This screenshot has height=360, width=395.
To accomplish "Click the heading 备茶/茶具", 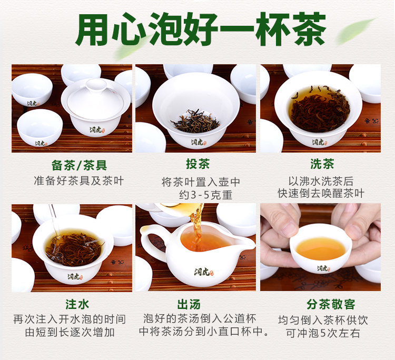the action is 79,165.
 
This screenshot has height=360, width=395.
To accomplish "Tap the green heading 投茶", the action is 197,164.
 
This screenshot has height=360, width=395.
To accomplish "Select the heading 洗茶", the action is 322,164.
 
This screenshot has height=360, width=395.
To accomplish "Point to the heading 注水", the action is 77,304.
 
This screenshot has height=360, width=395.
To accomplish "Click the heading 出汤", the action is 189,304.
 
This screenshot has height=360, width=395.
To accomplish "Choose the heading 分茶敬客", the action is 331,304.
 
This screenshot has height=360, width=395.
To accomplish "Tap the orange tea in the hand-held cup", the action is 320,248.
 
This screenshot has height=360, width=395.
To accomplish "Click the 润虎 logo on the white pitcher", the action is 203,272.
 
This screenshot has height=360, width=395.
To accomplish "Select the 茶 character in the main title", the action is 309,29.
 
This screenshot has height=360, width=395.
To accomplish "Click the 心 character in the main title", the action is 129,29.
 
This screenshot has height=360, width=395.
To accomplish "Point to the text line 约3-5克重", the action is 206,195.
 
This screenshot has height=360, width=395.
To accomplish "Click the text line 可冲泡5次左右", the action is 323,333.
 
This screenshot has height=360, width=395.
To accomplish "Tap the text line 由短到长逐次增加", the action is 70,332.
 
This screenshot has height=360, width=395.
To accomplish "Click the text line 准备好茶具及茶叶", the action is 79,181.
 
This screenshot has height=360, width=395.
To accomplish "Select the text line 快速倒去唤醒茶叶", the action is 321,193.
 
